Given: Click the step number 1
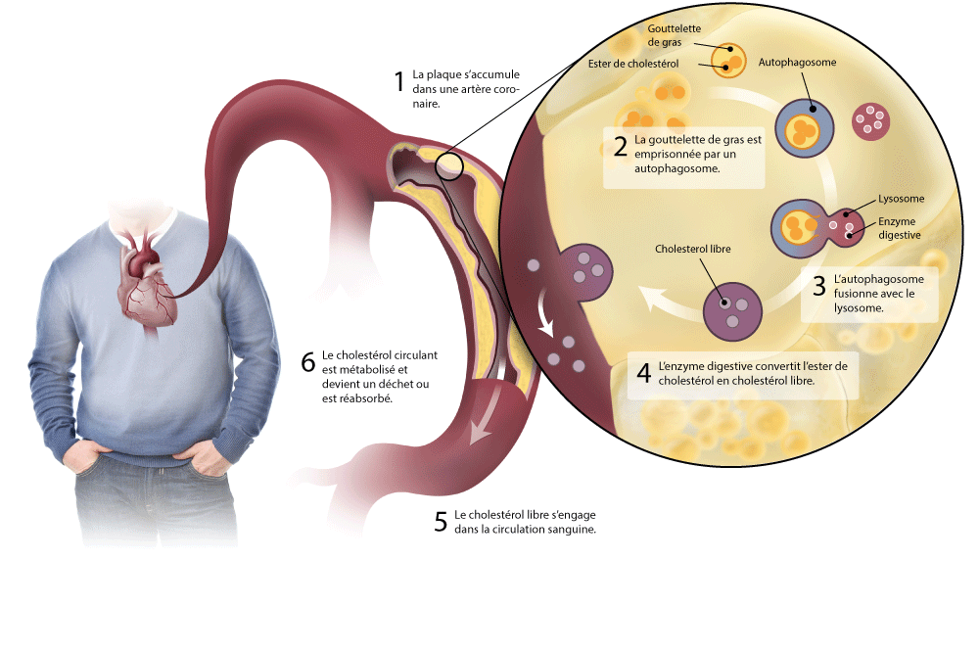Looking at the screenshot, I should point(398,80).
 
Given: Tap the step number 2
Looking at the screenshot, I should point(620,147).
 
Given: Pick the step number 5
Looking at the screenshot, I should point(441,521).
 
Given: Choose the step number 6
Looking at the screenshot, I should point(308,362).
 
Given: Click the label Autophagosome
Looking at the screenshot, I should point(798,62).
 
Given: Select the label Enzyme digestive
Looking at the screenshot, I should point(899,228).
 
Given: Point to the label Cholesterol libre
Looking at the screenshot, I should point(693,250).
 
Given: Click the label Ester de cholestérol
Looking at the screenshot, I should point(633,64).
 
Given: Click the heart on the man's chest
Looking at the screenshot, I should point(147,284).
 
